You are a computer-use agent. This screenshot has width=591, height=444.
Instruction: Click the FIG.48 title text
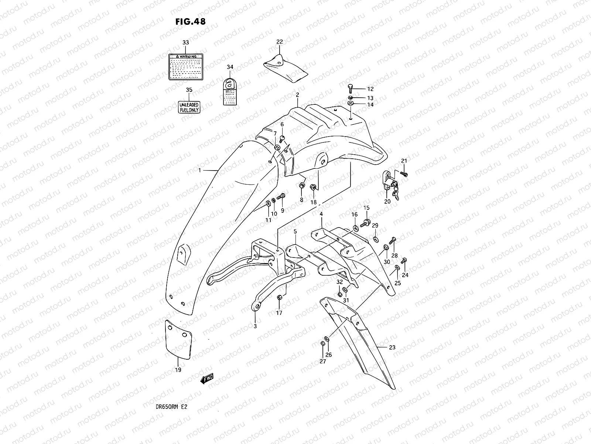(x=190, y=21)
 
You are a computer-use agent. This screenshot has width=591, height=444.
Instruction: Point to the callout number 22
(x=279, y=42)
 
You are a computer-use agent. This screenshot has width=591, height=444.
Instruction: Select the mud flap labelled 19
(x=178, y=340)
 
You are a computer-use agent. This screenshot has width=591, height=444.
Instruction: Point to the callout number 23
(x=392, y=347)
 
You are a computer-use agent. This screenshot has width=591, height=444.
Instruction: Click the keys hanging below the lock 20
(x=396, y=193)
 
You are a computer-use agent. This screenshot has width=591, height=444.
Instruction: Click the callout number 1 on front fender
(x=199, y=171)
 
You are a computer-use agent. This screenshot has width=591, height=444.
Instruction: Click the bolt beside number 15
(x=366, y=223)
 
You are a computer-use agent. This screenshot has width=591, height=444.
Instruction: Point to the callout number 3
(x=255, y=326)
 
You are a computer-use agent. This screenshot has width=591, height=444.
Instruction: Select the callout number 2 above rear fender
(x=297, y=95)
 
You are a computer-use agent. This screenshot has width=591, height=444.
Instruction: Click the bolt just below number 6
(x=282, y=139)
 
